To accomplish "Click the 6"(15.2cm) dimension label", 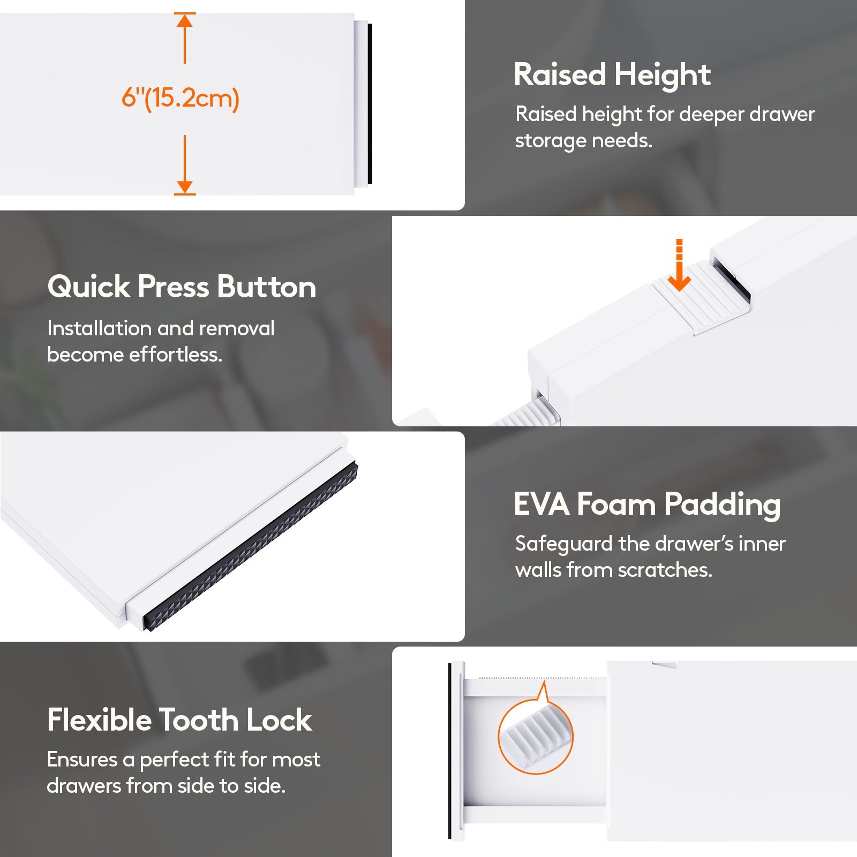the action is [x=180, y=98].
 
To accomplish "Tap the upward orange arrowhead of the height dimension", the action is [x=185, y=20].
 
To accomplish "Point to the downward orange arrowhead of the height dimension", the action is [x=185, y=187].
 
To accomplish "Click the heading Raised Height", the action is [x=612, y=74].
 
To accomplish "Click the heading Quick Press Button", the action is [x=182, y=287].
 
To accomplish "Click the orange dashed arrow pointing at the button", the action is [x=680, y=265].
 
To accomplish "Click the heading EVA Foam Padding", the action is [x=647, y=505].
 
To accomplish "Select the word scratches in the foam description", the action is [x=665, y=570].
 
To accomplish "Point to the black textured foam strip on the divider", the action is [x=250, y=546].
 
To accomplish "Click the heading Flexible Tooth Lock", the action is [x=179, y=719].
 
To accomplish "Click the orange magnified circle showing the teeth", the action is [x=536, y=737].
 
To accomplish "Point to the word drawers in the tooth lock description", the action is [x=84, y=786].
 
